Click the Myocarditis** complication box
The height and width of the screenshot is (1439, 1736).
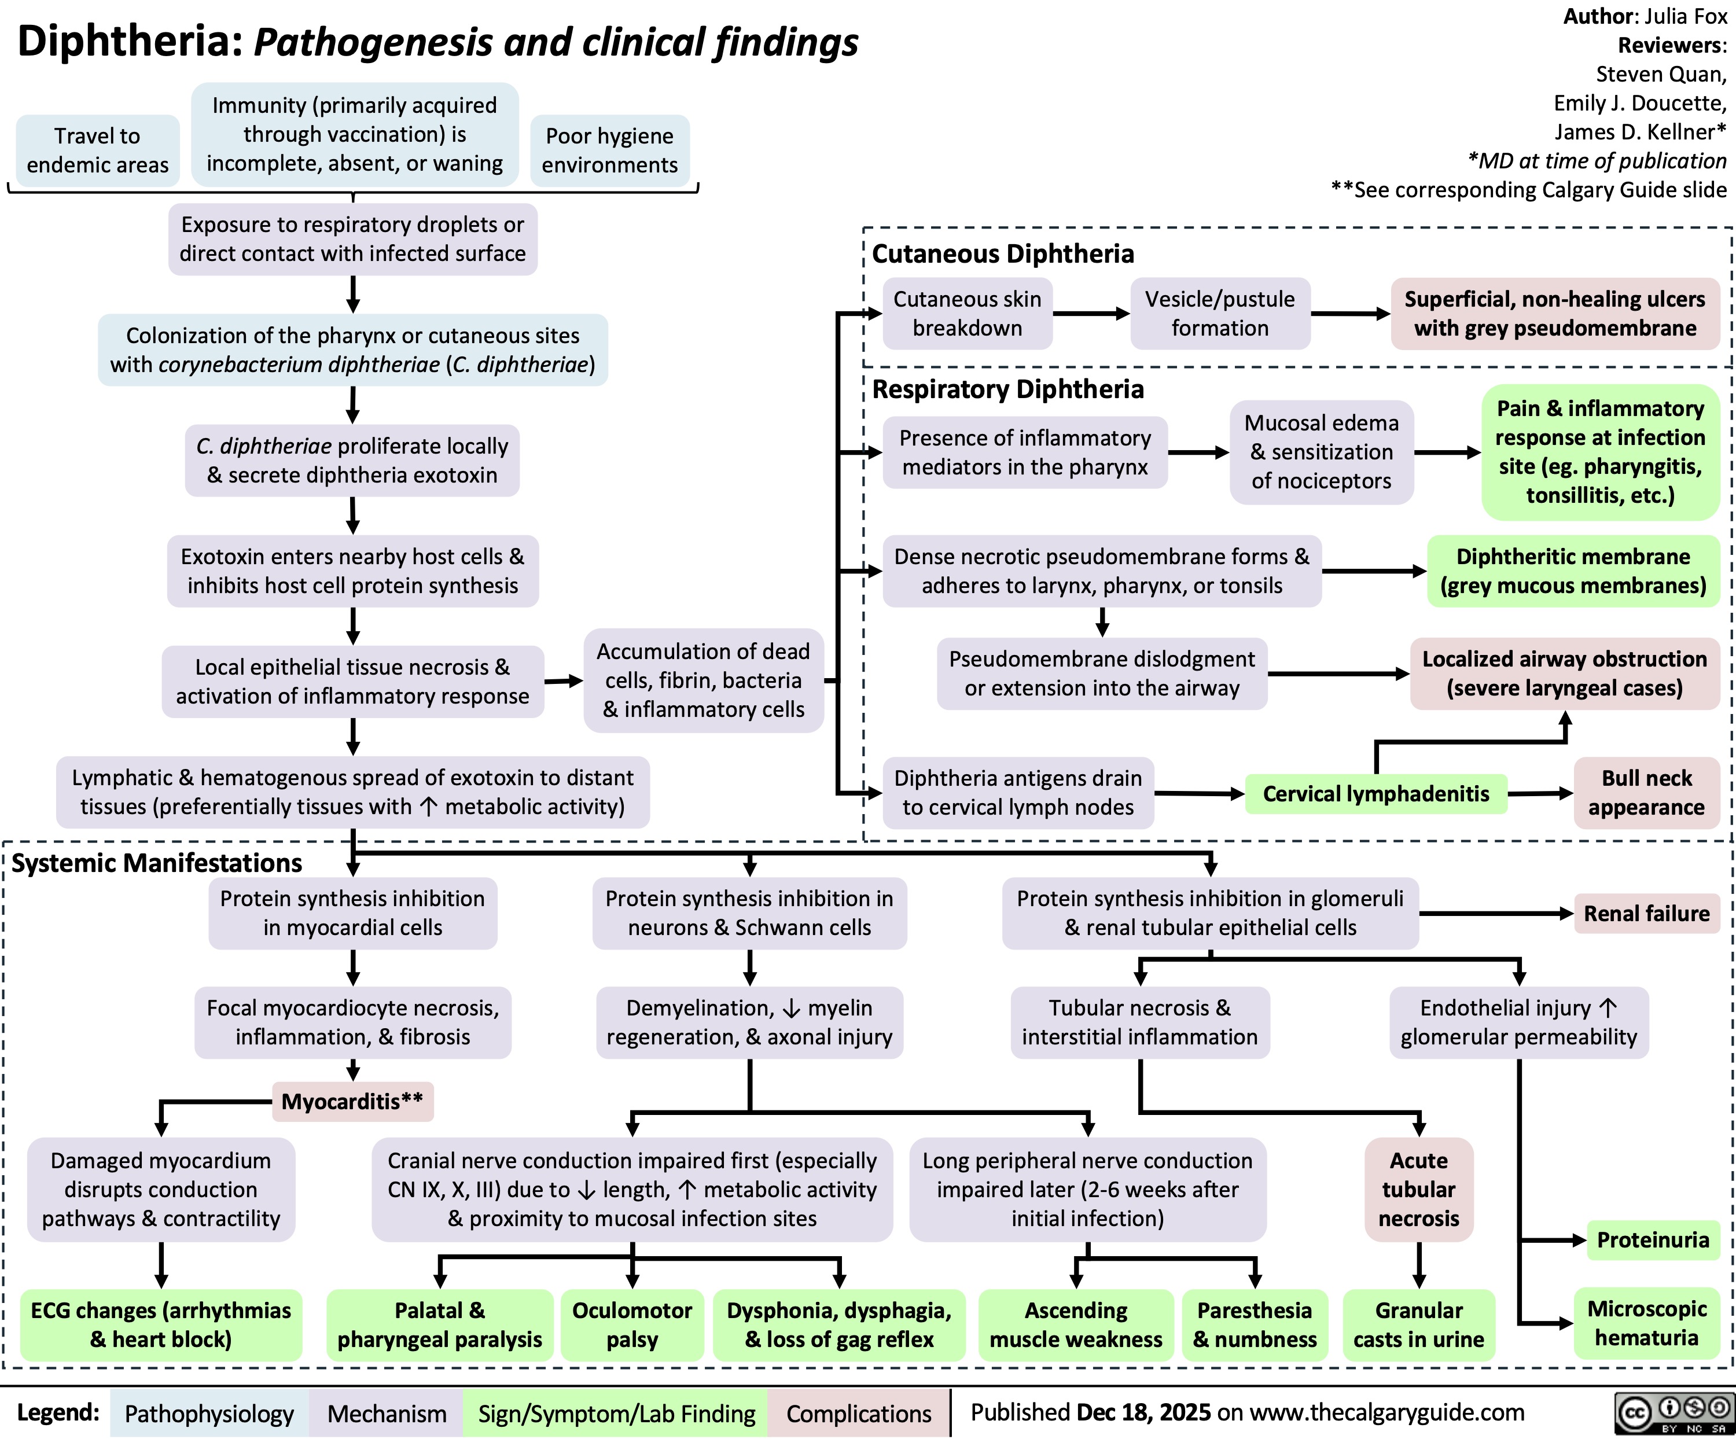point(352,1101)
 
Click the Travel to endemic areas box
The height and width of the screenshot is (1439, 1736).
point(98,150)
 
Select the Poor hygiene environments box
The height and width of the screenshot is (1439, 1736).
point(609,150)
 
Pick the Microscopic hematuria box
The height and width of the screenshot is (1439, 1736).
point(1646,1323)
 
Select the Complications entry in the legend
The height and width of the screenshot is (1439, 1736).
point(858,1414)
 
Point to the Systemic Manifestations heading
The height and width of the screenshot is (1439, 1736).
point(157,862)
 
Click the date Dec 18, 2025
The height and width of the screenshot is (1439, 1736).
point(1144,1412)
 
